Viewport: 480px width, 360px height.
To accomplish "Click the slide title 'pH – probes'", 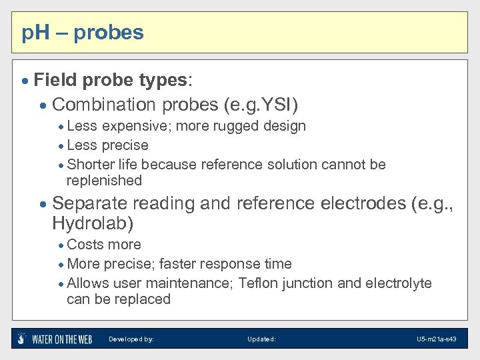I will pos(83,32).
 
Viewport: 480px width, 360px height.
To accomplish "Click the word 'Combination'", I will pos(103,105).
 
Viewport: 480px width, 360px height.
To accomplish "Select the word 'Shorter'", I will pos(90,164).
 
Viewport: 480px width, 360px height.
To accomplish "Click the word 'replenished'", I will pos(104,181).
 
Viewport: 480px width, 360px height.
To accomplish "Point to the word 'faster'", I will pos(177,264).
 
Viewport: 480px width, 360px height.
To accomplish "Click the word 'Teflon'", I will pos(257,283).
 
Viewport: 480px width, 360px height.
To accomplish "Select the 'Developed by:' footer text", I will pos(131,339).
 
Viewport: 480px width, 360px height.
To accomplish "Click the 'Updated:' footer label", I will pos(261,339).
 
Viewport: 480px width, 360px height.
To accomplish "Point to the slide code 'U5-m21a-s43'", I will pos(437,339).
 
